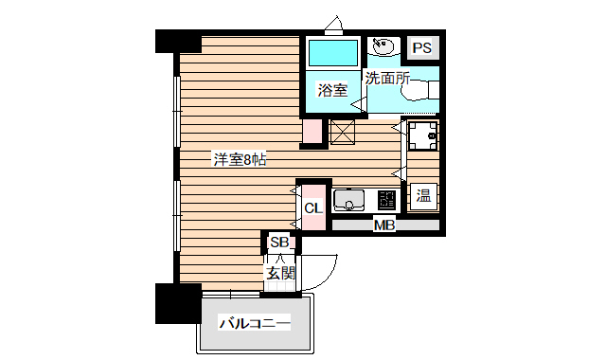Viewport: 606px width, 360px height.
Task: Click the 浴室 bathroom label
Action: [x=332, y=90]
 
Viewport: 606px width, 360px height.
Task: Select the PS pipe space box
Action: [x=421, y=47]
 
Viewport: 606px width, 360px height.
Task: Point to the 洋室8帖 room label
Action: [x=239, y=159]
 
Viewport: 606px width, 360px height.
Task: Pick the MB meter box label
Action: [x=383, y=225]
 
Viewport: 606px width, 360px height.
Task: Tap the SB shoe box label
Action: [x=279, y=243]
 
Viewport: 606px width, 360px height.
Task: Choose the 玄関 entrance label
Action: [x=280, y=275]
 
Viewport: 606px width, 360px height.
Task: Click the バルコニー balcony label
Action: [x=254, y=324]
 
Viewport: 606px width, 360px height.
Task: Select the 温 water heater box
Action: [x=423, y=198]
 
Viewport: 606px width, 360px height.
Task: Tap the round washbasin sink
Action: [x=384, y=45]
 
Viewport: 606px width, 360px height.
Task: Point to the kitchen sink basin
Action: [x=351, y=201]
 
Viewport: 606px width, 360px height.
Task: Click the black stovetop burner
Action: [x=387, y=200]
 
